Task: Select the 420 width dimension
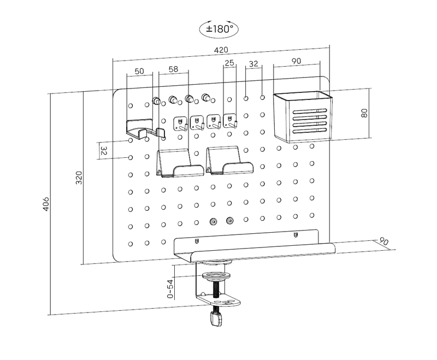[221, 50]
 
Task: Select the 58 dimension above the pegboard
[173, 70]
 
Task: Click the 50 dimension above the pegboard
[139, 71]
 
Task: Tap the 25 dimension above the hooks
[229, 63]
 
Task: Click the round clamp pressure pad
[217, 274]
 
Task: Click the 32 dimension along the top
[253, 64]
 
